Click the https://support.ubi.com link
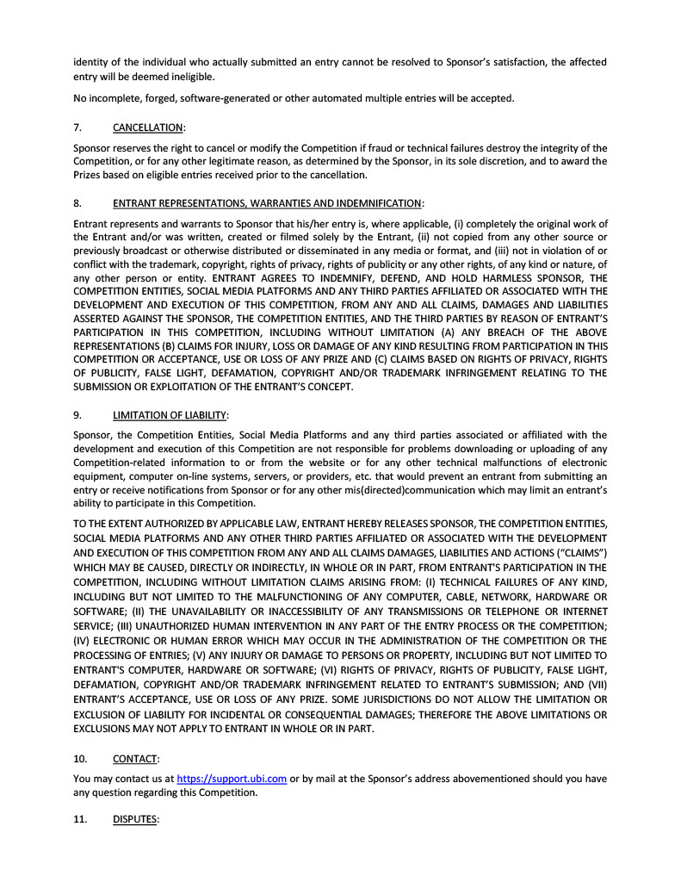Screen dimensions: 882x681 [232, 779]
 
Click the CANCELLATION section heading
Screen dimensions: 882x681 [148, 127]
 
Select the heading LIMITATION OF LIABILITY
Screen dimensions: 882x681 [170, 414]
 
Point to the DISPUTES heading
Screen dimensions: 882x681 [135, 819]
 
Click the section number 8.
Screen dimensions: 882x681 [77, 203]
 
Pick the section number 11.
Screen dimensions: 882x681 [80, 819]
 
